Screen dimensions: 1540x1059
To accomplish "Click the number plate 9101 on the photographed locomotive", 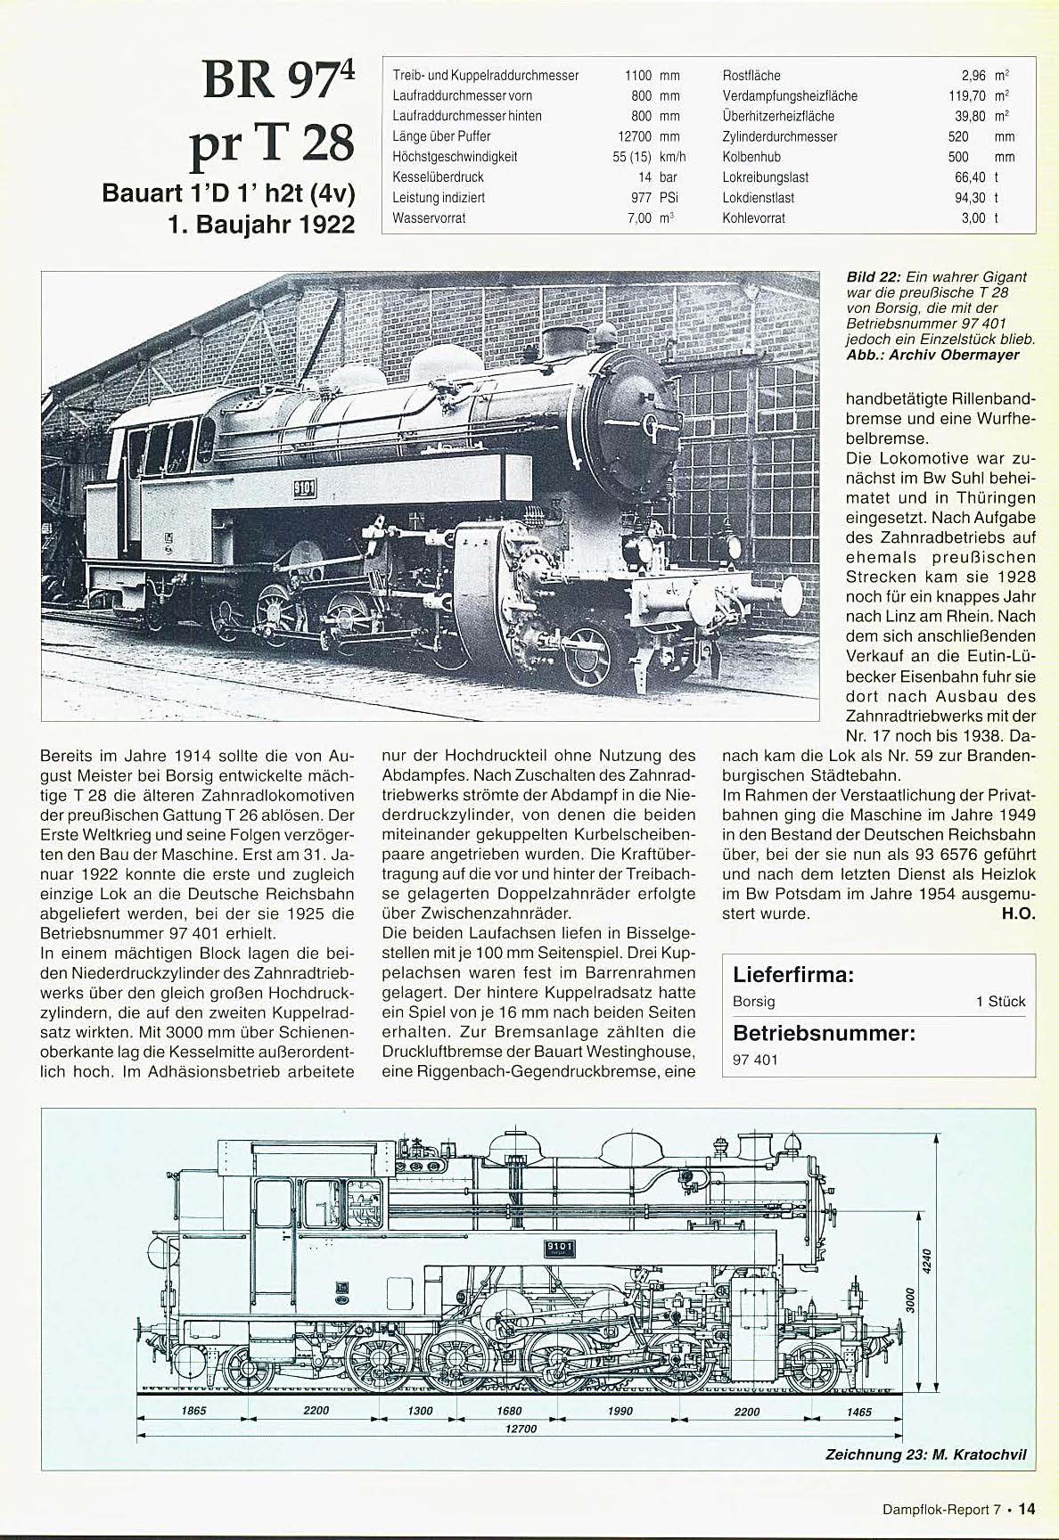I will (304, 487).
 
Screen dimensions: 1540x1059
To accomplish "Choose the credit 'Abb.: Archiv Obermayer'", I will (932, 355).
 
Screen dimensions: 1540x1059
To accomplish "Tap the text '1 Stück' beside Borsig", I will (1000, 1001).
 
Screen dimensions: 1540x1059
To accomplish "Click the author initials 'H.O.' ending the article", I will (1015, 914).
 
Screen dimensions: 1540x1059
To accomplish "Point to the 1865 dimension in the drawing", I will (193, 1411).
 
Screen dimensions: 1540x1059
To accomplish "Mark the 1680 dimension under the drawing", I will (509, 1411).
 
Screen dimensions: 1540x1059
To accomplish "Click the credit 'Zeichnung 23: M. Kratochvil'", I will (926, 1455).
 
